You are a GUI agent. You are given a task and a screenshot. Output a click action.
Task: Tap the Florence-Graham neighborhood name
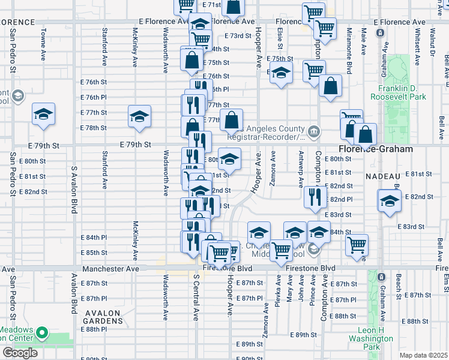click(376, 149)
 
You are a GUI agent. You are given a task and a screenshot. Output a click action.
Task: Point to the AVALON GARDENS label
click(104, 317)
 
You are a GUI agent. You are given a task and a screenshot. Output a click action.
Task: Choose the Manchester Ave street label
click(112, 269)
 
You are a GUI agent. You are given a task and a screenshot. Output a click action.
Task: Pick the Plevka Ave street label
click(278, 291)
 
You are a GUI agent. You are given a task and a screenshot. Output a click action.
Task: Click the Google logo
click(20, 353)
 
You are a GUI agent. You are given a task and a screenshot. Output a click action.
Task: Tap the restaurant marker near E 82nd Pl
click(313, 196)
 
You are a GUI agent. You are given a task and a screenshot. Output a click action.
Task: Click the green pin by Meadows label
click(42, 332)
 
